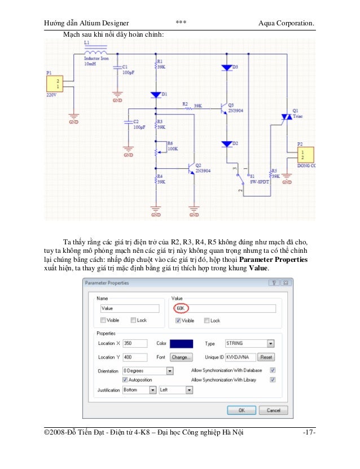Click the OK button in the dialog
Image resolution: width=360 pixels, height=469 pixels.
pos(241,410)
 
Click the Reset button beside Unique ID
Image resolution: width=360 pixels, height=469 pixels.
pos(266,357)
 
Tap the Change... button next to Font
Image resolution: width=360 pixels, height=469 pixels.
pos(182,357)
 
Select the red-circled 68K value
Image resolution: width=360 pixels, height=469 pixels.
pos(181,309)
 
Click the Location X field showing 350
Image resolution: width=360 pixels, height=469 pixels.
pos(134,343)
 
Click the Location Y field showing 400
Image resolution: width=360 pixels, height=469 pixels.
pos(134,357)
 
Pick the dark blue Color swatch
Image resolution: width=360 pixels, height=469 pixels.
pos(182,343)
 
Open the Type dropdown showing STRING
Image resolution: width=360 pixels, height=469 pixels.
pos(249,343)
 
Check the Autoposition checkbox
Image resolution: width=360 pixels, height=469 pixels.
pos(125,380)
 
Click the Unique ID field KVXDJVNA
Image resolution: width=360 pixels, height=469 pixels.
pos(240,357)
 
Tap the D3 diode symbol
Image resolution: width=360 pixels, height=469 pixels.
pos(227,67)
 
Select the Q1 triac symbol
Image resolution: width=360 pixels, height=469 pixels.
pos(286,117)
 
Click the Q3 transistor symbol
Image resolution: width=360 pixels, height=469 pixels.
pos(223,109)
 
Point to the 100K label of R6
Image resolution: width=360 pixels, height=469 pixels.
pos(172,149)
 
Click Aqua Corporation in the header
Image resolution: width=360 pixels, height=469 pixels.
pos(286,23)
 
